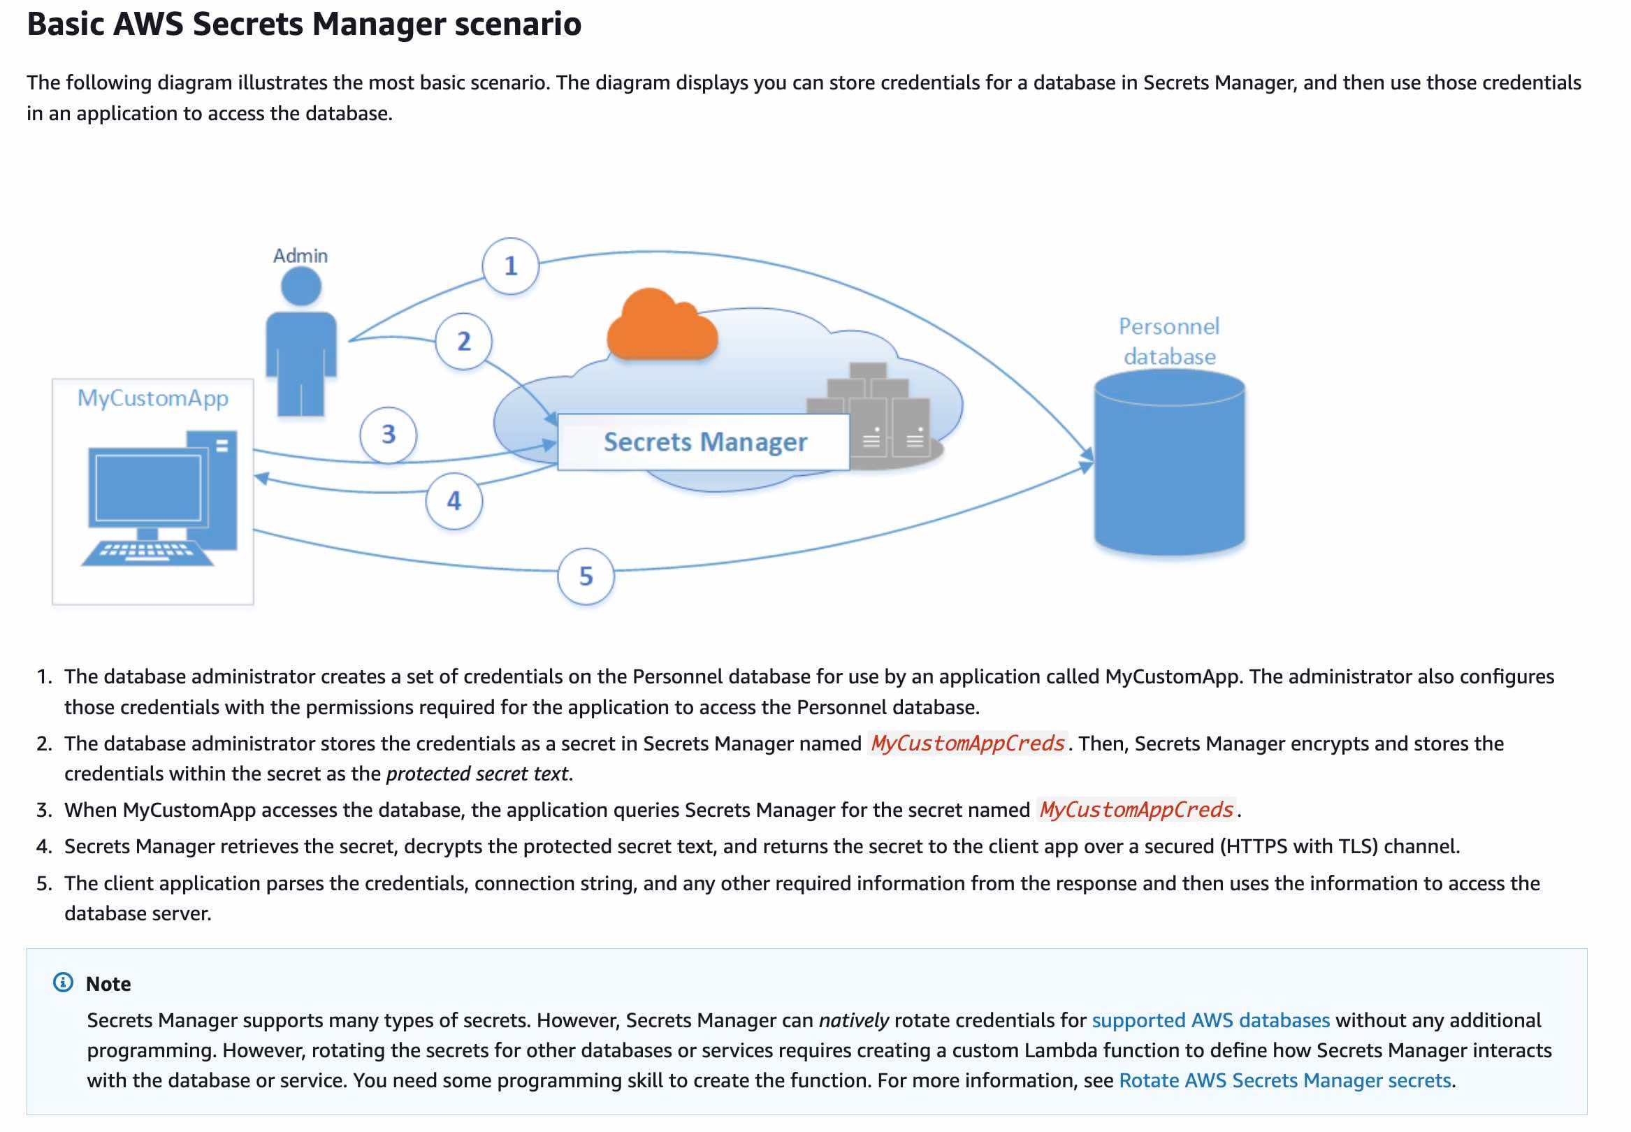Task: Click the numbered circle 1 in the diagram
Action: [x=510, y=266]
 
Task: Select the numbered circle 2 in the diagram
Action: [x=463, y=341]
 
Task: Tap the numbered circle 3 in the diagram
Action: [x=388, y=434]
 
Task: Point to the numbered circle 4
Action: [x=454, y=501]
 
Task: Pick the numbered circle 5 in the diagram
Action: [x=586, y=576]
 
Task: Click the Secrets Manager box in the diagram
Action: [x=704, y=442]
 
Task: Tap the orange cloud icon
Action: [x=661, y=327]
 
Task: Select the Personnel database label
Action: [x=1168, y=341]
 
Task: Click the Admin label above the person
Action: [x=300, y=255]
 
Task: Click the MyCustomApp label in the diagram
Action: [x=152, y=398]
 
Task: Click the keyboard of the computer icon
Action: [x=147, y=553]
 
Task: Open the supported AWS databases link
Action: [x=1210, y=1020]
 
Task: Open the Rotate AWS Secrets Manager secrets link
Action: [x=1284, y=1080]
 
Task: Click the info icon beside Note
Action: [x=63, y=982]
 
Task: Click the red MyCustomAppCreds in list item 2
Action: [x=967, y=743]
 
